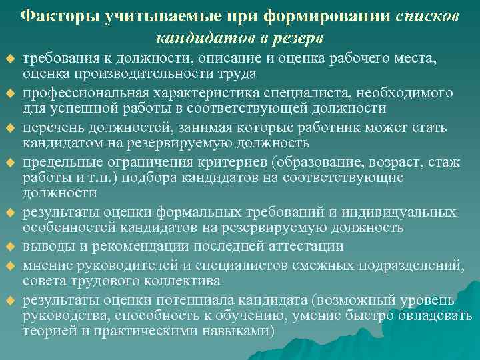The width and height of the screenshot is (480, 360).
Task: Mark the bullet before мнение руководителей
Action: (10, 265)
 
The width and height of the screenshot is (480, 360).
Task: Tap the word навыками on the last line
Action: (234, 331)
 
